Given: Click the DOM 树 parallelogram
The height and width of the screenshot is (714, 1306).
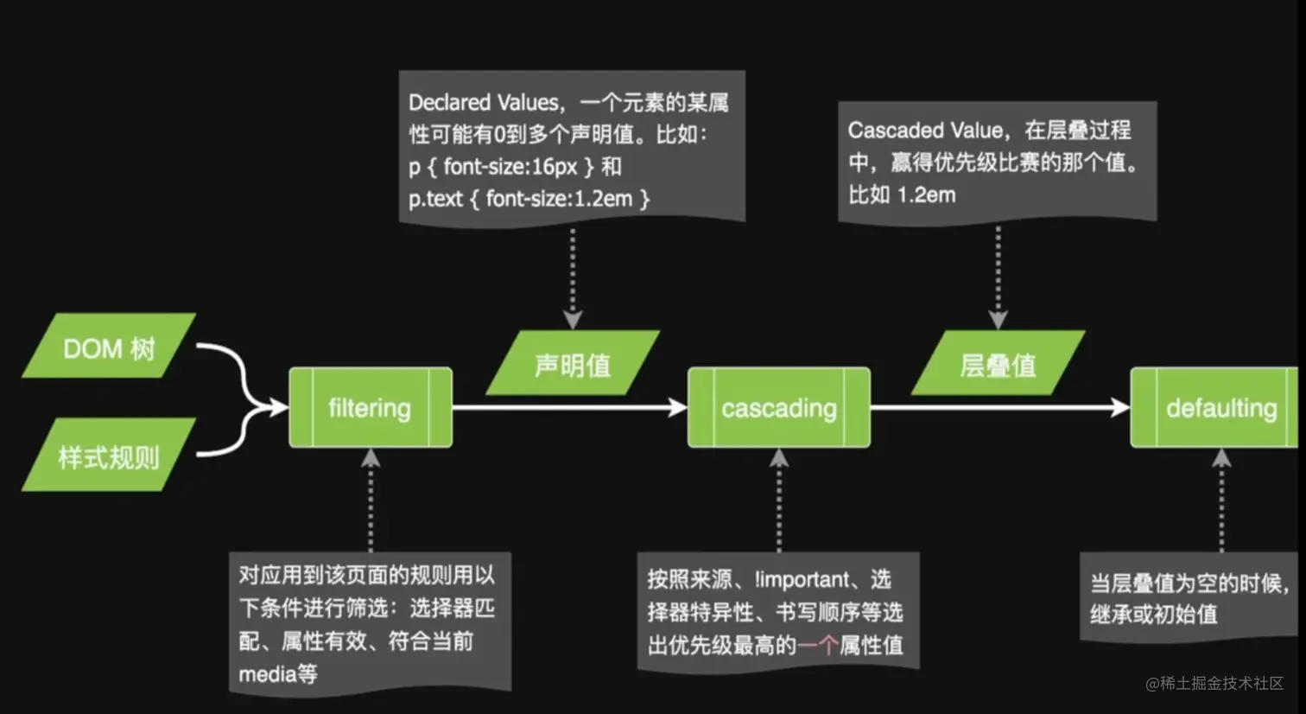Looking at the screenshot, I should (109, 347).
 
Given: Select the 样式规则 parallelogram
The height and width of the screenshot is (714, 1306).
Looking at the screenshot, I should (109, 456).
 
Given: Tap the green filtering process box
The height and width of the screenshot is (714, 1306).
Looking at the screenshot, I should (370, 407).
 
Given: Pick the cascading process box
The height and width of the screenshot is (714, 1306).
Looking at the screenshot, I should (778, 407).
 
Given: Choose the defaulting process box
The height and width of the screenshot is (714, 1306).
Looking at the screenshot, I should (1218, 407).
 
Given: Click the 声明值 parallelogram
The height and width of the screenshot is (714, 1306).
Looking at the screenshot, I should (573, 364).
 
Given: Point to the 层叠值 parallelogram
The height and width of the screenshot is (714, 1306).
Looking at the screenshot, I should (998, 364).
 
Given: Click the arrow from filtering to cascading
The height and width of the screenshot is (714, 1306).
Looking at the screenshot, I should (570, 407).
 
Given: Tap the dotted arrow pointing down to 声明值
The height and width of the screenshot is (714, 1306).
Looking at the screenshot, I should (573, 277).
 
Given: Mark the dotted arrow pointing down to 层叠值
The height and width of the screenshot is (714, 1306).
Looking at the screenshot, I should (998, 277).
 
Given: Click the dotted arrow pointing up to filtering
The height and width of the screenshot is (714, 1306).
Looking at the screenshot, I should (371, 501).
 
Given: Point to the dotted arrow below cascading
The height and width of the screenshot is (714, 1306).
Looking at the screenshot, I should (779, 501).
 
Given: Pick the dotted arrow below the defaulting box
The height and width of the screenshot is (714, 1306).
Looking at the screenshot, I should (1221, 501).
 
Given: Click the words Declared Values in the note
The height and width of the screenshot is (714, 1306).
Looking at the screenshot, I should (484, 103).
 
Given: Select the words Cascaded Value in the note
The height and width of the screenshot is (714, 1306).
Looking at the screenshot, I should (925, 131).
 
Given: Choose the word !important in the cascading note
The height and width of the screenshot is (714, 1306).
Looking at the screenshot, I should (802, 580).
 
